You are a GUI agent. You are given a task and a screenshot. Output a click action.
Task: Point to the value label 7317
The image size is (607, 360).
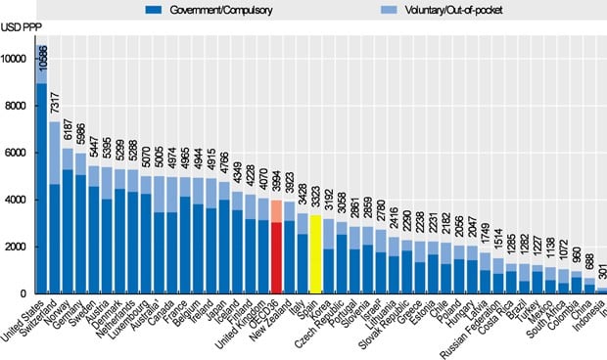coord(56,103)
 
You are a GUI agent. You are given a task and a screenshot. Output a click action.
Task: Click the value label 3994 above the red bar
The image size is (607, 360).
coord(277,183)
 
